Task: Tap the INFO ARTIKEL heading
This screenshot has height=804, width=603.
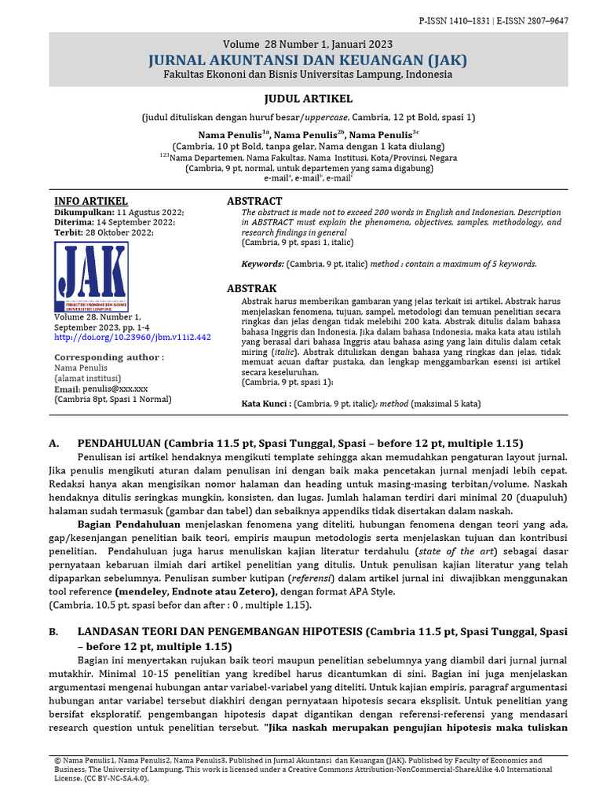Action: (x=91, y=202)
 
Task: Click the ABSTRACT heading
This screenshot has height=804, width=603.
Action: (x=254, y=202)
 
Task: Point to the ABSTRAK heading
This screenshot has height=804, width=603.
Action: (x=251, y=289)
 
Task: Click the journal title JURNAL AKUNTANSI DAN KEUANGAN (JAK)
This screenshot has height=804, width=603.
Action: (x=308, y=60)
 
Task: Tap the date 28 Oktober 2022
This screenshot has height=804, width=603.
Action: (x=126, y=233)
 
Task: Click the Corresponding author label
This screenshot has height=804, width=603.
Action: (x=108, y=357)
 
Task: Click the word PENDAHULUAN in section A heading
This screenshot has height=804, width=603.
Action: (x=119, y=443)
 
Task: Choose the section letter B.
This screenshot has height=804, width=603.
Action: (x=53, y=632)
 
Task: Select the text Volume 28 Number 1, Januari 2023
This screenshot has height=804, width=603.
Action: (x=308, y=45)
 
